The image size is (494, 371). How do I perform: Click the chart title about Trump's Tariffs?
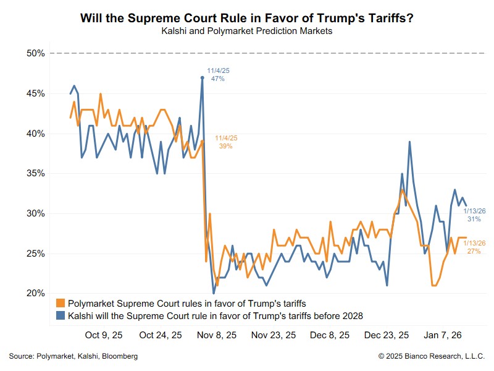pyautogui.click(x=247, y=18)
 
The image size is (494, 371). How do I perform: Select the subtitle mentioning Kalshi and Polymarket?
pyautogui.click(x=247, y=31)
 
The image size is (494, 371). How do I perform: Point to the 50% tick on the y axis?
pyautogui.click(x=35, y=54)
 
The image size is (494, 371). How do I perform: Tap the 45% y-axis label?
pyautogui.click(x=35, y=93)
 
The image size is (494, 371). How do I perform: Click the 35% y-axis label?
pyautogui.click(x=35, y=174)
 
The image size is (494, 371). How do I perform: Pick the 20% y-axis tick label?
pyautogui.click(x=35, y=293)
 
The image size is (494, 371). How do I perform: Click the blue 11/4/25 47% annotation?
pyautogui.click(x=218, y=75)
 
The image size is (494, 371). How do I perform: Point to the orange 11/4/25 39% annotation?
pyautogui.click(x=225, y=142)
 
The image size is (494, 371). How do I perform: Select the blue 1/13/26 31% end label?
pyautogui.click(x=474, y=215)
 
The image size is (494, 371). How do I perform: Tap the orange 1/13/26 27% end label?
pyautogui.click(x=474, y=247)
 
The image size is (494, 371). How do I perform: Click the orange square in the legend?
pyautogui.click(x=61, y=304)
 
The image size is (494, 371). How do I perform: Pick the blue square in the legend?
pyautogui.click(x=61, y=316)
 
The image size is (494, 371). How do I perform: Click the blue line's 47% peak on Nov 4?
pyautogui.click(x=203, y=77)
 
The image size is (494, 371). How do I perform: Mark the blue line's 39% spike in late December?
pyautogui.click(x=409, y=142)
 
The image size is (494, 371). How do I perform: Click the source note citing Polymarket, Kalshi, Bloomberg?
pyautogui.click(x=73, y=356)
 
